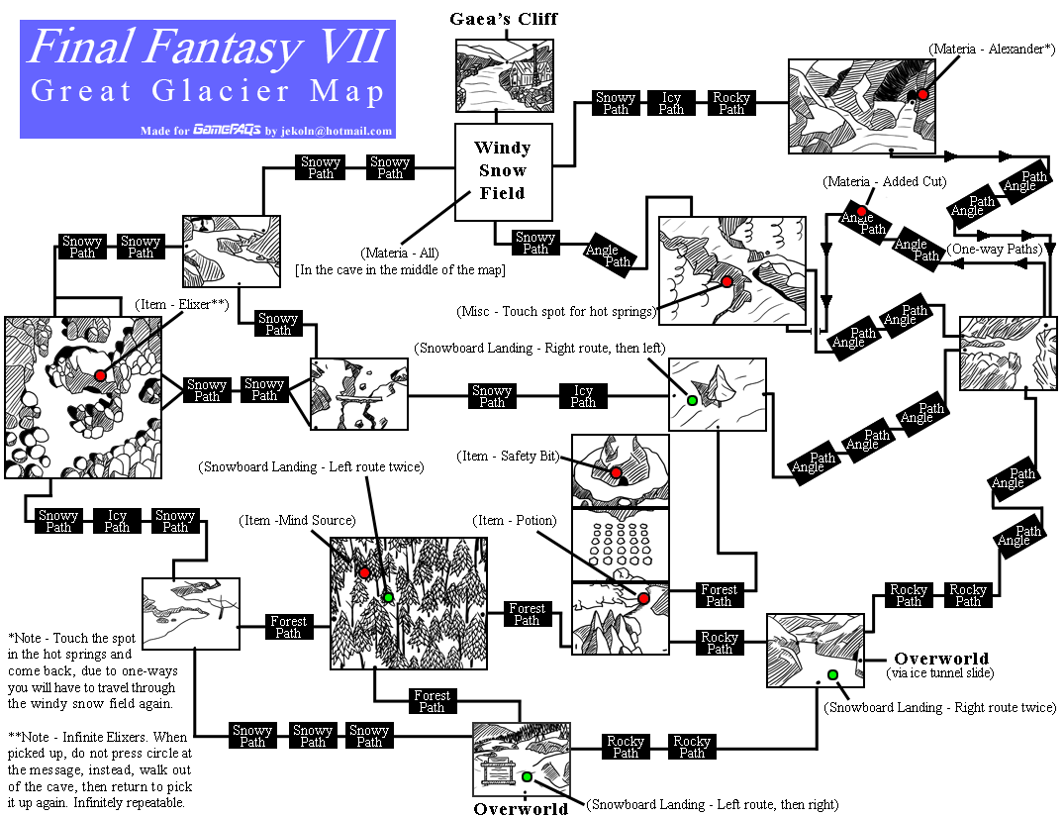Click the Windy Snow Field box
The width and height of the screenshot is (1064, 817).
pos(503,171)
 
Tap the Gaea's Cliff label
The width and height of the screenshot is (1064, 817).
pos(503,19)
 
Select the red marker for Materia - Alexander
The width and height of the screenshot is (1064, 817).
pos(922,94)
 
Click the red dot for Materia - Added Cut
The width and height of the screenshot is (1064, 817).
pos(861,211)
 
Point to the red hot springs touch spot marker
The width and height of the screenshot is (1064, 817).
pos(726,281)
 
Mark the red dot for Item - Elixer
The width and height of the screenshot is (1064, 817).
pos(100,375)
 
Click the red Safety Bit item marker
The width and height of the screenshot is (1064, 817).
pos(615,473)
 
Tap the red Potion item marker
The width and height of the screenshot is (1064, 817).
pos(643,598)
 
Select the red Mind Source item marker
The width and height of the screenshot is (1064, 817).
pos(364,572)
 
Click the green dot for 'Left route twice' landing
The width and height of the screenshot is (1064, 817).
pos(388,596)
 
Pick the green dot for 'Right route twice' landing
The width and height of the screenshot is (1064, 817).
pos(832,674)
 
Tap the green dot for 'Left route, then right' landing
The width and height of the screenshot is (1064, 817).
pos(527,776)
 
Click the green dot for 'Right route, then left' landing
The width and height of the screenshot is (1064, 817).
pos(692,400)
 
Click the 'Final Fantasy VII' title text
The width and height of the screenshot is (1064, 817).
pos(207,47)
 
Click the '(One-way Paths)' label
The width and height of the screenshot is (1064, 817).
pos(995,250)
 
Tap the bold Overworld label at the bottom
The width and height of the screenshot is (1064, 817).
pos(521,808)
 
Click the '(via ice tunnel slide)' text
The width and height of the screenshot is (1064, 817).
pos(941,673)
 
